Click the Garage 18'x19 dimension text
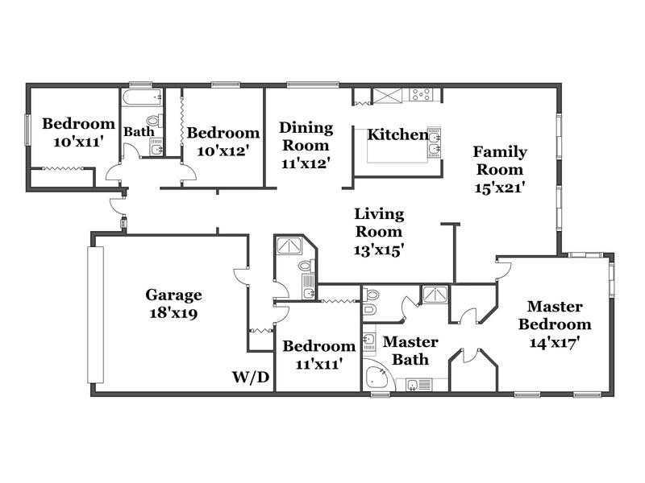pos(173,313)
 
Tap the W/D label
pos(251,377)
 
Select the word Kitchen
pos(397,134)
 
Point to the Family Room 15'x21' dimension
pos(500,188)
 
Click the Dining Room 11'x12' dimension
pos(306,163)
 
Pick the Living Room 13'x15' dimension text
pos(379,250)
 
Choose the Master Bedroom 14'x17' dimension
pos(554,342)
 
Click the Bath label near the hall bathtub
pos(139,132)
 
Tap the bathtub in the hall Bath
pos(142,97)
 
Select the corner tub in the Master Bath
pos(377,376)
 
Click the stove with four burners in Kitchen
pos(421,94)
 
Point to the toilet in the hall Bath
pos(154,122)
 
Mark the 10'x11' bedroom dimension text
pos(78,142)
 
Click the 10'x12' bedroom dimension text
pos(223,151)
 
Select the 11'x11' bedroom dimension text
pos(319,364)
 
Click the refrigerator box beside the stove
pos(387,95)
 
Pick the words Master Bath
pos(410,350)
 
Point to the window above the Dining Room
pos(313,85)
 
